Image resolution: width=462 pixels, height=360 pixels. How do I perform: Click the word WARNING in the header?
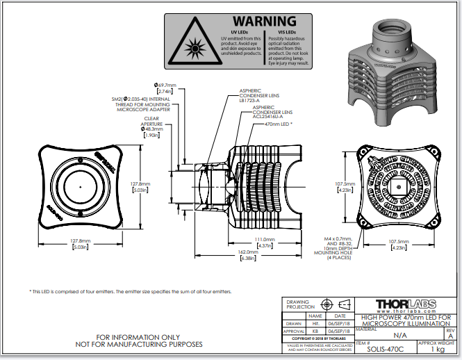pyautogui.click(x=263, y=22)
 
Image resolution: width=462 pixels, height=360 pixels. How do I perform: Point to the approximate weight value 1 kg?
pyautogui.click(x=437, y=350)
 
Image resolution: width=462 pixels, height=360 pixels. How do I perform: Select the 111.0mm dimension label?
pyautogui.click(x=265, y=240)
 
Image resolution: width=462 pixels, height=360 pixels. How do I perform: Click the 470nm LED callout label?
pyautogui.click(x=277, y=123)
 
